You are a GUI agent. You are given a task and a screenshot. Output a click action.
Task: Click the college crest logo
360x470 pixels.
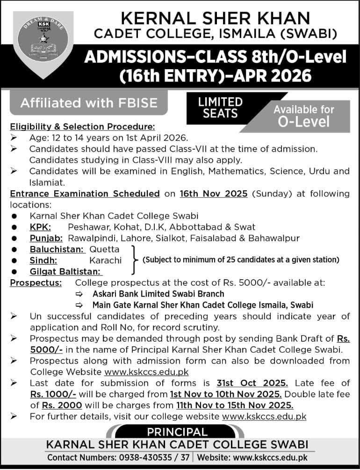43,43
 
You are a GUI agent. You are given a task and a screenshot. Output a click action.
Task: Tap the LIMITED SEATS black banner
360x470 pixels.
220,108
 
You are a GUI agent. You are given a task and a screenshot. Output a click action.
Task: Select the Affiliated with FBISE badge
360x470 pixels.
89,102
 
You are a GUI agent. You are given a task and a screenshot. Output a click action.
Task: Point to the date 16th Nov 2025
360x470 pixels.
213,194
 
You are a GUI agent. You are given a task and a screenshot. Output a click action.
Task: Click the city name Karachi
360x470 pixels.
106,260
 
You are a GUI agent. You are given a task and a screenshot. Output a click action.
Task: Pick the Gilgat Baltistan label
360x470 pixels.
66,271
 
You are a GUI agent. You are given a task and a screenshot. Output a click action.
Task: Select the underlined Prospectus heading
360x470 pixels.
36,282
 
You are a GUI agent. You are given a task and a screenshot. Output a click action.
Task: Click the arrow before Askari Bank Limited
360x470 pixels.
81,294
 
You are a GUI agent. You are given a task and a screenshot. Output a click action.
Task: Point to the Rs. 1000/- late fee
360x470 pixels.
50,394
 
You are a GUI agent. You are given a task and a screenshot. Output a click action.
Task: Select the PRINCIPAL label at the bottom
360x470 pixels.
177,432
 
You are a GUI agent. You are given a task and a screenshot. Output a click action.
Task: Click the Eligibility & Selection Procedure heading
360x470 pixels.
82,126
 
